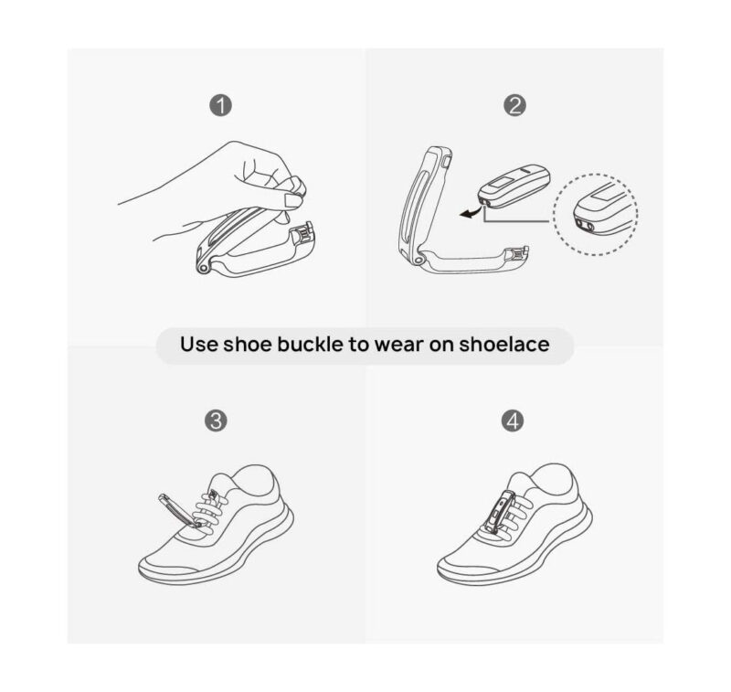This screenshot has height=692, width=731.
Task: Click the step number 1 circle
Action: pyautogui.click(x=220, y=105)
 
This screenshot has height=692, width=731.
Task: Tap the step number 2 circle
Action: pyautogui.click(x=514, y=105)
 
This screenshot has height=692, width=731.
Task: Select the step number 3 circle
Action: pyautogui.click(x=217, y=421)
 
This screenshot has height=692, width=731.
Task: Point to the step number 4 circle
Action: pyautogui.click(x=513, y=421)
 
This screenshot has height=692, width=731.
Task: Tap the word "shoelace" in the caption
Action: pyautogui.click(x=504, y=344)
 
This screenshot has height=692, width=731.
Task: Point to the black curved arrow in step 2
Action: pyautogui.click(x=470, y=212)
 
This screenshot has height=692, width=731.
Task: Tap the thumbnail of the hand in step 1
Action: pyautogui.click(x=291, y=200)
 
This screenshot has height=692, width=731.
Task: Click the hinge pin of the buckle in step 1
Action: pyautogui.click(x=203, y=269)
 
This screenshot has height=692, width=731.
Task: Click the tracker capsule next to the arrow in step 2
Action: pyautogui.click(x=514, y=186)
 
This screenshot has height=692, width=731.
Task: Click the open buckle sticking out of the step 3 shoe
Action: pyautogui.click(x=179, y=510)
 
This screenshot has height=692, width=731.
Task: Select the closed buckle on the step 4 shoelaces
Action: pyautogui.click(x=499, y=511)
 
